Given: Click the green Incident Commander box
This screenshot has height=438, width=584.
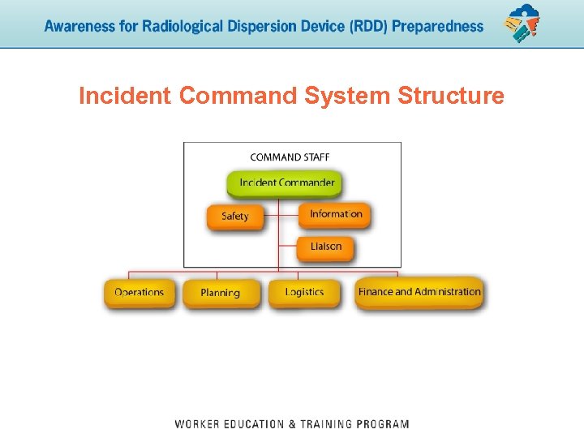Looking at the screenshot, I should (286, 182).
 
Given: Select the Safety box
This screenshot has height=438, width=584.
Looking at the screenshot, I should (234, 217).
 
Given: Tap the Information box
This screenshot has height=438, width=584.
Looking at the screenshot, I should (335, 214).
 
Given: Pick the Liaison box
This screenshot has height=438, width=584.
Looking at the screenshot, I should (325, 247).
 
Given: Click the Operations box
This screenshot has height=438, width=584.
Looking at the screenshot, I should (139, 292).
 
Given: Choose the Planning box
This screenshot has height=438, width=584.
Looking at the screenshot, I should (220, 293).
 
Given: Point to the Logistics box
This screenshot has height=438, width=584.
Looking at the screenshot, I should (304, 292).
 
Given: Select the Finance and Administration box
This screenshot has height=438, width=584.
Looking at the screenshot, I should (419, 292).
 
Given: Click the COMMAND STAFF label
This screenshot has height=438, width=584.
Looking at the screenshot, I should (290, 157).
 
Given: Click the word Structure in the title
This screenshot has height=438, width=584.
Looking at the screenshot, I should (451, 97).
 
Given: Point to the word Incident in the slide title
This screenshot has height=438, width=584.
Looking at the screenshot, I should (125, 97).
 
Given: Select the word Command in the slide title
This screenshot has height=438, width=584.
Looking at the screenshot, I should (238, 97).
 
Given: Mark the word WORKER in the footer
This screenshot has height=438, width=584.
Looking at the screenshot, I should (200, 424).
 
